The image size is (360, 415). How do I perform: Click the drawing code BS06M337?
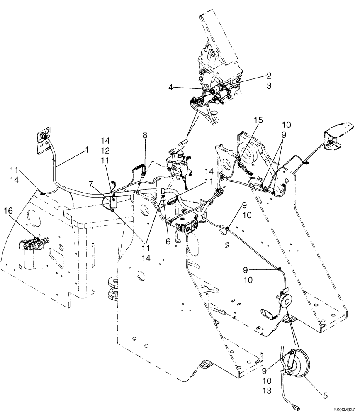tap(343, 410)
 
